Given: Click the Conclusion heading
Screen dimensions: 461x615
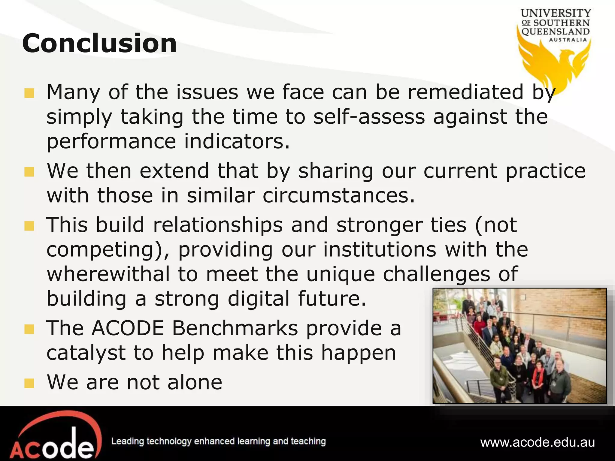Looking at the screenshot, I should click(x=99, y=44).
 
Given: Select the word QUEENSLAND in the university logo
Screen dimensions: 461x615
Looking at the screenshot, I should click(x=556, y=32).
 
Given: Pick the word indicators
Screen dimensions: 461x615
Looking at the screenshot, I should click(x=237, y=141).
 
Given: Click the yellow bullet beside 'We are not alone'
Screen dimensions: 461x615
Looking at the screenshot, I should click(x=29, y=383).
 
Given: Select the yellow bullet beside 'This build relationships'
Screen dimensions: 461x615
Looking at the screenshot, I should click(x=29, y=226).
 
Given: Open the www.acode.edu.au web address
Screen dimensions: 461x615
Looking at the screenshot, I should click(x=538, y=443).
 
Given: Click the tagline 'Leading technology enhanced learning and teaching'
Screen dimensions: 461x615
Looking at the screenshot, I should click(x=218, y=441).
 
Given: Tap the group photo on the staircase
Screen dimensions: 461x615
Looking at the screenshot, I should click(x=520, y=345).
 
